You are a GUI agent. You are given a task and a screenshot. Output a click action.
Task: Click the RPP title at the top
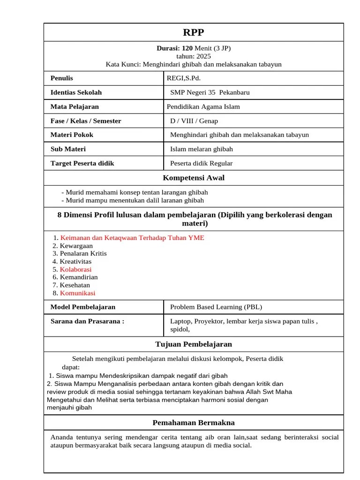tap(194, 32)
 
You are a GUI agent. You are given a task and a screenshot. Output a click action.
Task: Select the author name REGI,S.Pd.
tap(187, 78)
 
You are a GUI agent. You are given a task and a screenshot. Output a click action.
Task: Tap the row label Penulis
tap(62, 78)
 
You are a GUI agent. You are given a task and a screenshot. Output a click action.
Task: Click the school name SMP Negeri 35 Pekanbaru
tap(210, 92)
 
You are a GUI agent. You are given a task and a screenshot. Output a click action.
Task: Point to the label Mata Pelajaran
tap(75, 106)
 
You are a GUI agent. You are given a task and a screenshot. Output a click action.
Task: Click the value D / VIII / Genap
tap(194, 121)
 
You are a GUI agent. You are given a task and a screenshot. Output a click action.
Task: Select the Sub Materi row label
tap(68, 149)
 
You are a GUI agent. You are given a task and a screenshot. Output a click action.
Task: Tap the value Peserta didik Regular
tap(201, 163)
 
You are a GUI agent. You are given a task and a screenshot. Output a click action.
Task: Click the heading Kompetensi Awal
tap(194, 178)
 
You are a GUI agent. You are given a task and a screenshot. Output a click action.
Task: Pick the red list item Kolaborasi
tap(75, 270)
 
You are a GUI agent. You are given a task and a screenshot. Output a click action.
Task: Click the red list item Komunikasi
tap(77, 293)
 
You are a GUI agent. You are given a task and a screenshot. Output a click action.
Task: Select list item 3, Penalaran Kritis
tap(83, 254)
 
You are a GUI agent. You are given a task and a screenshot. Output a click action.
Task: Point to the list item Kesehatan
tap(75, 285)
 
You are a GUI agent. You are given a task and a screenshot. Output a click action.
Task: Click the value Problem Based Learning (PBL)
tap(216, 307)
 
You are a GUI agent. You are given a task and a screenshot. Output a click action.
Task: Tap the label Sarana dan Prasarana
tap(87, 321)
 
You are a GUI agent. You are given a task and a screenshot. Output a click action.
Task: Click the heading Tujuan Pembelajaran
tap(194, 344)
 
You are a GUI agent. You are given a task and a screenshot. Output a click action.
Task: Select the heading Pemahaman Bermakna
tap(194, 423)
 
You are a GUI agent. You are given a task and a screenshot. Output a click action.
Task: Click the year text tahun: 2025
tap(194, 56)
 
